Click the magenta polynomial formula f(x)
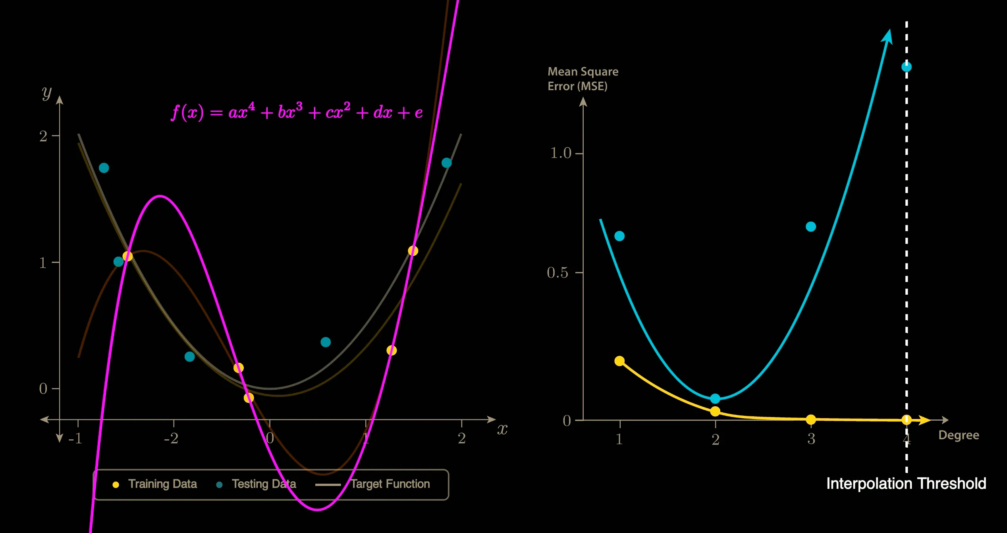(x=297, y=112)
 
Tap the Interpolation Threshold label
(x=906, y=484)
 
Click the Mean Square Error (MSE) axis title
(x=583, y=79)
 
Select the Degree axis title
(x=959, y=435)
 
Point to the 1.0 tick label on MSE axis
(x=560, y=153)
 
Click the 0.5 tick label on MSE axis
(x=558, y=273)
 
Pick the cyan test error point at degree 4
(x=906, y=67)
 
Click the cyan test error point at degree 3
(x=811, y=227)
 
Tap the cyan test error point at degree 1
(x=619, y=236)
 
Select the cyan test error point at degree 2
(x=715, y=398)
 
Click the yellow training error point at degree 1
(x=619, y=361)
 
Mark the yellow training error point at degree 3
(x=811, y=419)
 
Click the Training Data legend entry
(x=156, y=484)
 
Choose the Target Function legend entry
(x=373, y=484)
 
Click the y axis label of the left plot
(x=47, y=93)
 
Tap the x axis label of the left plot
(x=502, y=429)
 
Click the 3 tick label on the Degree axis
(x=811, y=439)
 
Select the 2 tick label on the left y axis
(x=43, y=136)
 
